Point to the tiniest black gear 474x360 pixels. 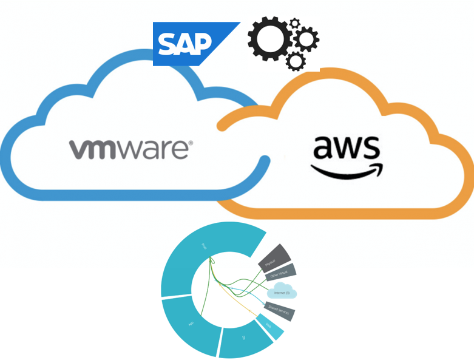click(295, 23)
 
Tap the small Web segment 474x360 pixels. click(269, 325)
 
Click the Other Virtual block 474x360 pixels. click(280, 273)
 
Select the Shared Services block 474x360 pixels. click(281, 310)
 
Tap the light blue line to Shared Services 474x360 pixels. click(243, 293)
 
